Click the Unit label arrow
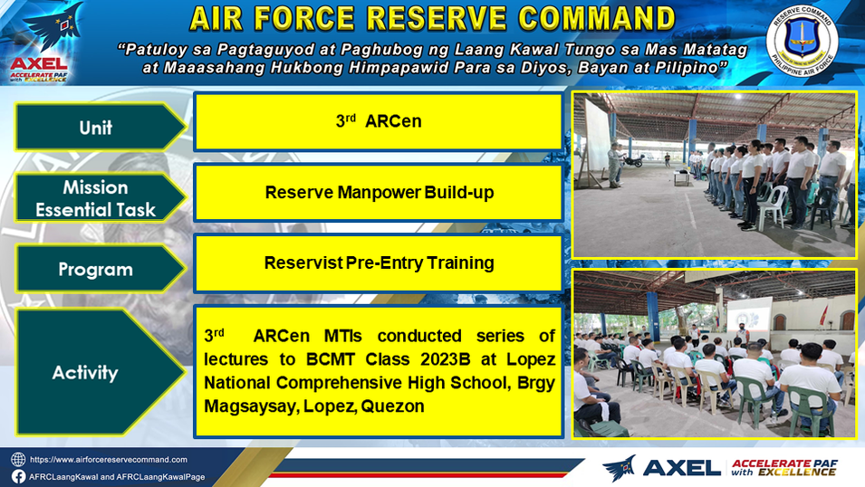pos(101,127)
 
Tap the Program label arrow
pos(101,269)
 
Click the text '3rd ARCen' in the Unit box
pos(379,120)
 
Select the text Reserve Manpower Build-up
pos(379,193)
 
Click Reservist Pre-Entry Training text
pos(379,263)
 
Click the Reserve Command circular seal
pos(802,42)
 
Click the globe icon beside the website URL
pos(18,460)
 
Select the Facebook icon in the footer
pos(18,476)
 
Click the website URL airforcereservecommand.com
pos(108,460)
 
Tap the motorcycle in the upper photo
pos(633,160)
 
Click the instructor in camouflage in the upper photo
pos(614,164)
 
